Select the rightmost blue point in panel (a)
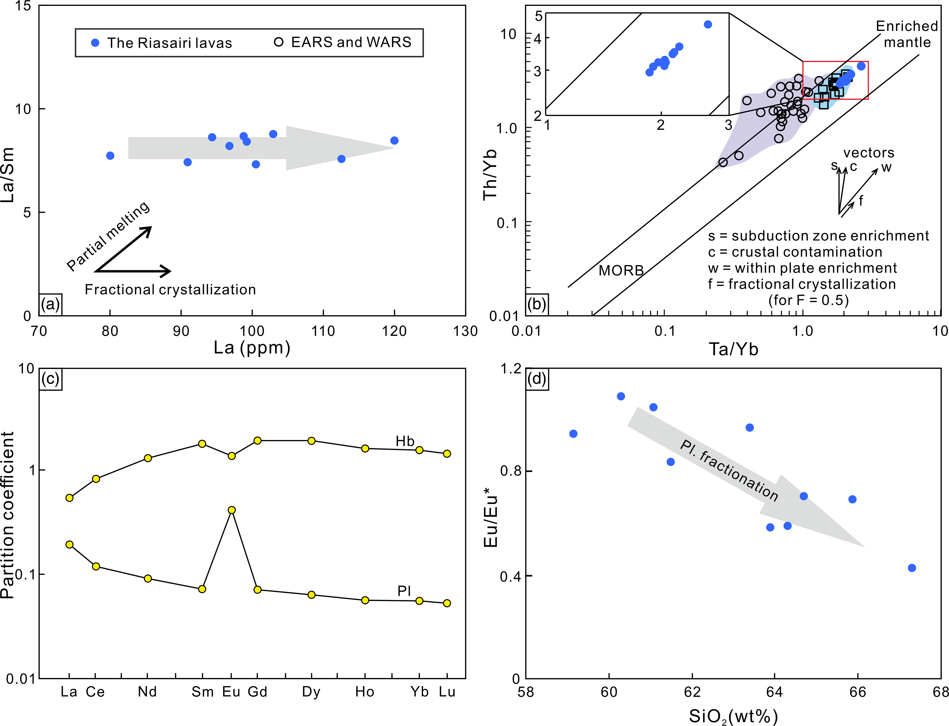click(x=394, y=140)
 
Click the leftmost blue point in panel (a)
click(x=110, y=156)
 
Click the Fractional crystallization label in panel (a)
click(x=170, y=290)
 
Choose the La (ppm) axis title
click(x=252, y=348)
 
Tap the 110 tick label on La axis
click(x=323, y=331)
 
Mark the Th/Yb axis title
click(x=490, y=175)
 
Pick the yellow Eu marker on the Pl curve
click(x=231, y=510)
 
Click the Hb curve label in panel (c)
click(x=405, y=441)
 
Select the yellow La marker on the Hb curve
click(x=69, y=498)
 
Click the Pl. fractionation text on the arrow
click(x=729, y=470)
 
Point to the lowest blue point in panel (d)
click(x=912, y=568)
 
